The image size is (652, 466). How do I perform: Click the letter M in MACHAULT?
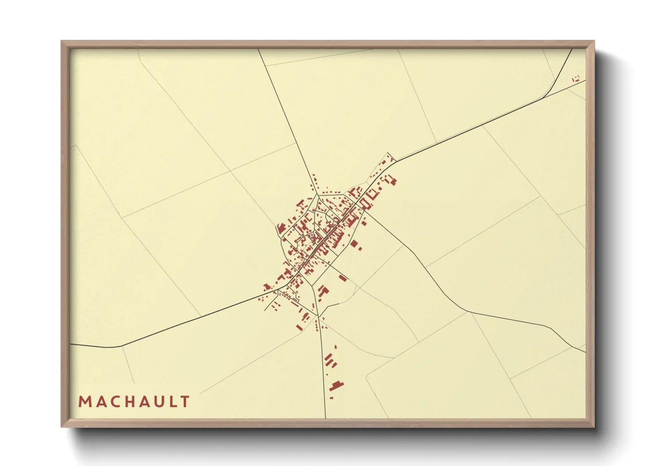(x=84, y=402)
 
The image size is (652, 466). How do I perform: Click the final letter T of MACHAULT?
(x=185, y=402)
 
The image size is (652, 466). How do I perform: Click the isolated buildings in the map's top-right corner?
(x=576, y=79)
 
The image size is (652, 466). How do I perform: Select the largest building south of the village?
(x=337, y=385)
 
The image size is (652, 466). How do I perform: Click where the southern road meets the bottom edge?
(x=325, y=418)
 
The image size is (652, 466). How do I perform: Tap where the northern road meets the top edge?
(x=258, y=49)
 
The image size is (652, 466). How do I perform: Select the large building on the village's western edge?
(x=281, y=229)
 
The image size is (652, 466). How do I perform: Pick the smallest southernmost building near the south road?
(x=331, y=398)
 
